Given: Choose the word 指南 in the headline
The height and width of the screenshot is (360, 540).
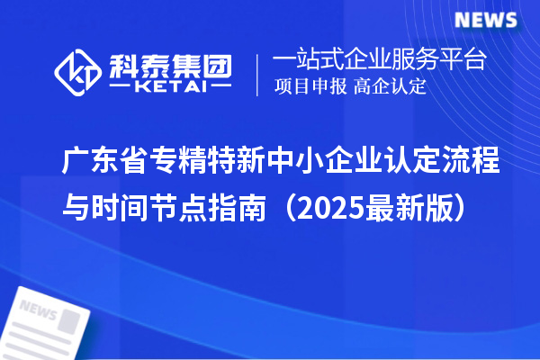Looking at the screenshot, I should pos(239,209).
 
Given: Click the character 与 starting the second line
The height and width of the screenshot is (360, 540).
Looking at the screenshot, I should pos(76,209).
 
